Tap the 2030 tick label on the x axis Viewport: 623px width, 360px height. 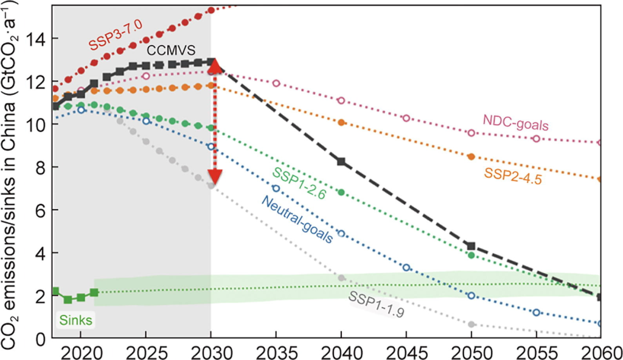pyautogui.click(x=211, y=353)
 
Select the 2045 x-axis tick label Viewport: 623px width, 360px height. pyautogui.click(x=406, y=353)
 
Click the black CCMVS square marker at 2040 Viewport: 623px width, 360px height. pyautogui.click(x=341, y=162)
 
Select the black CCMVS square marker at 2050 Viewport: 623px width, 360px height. pyautogui.click(x=472, y=246)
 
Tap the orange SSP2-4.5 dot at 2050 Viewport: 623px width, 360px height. pyautogui.click(x=472, y=156)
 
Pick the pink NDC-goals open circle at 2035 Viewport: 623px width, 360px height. pyautogui.click(x=276, y=83)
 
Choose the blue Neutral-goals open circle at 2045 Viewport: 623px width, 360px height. pyautogui.click(x=406, y=268)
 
